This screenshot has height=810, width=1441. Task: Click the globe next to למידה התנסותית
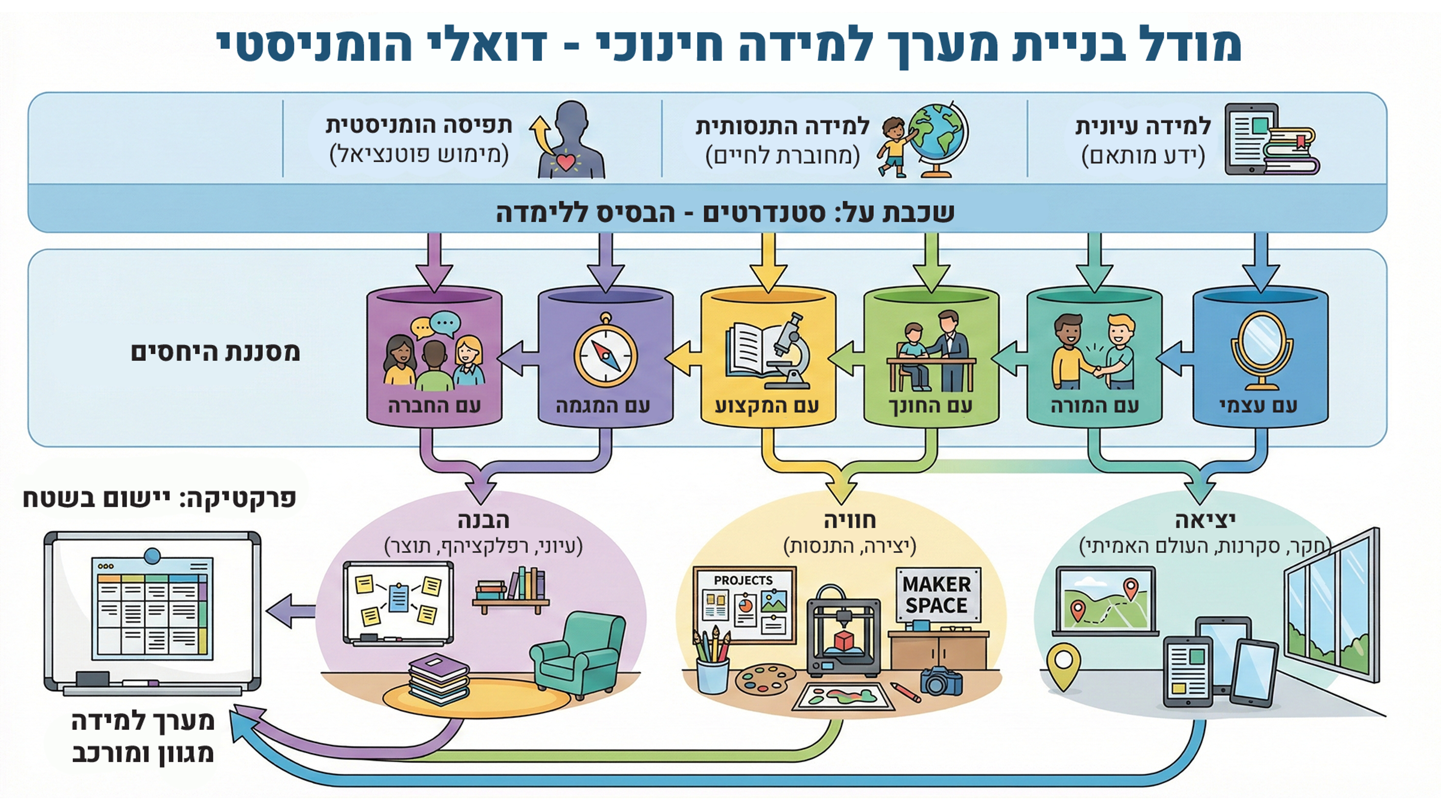(x=938, y=137)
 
